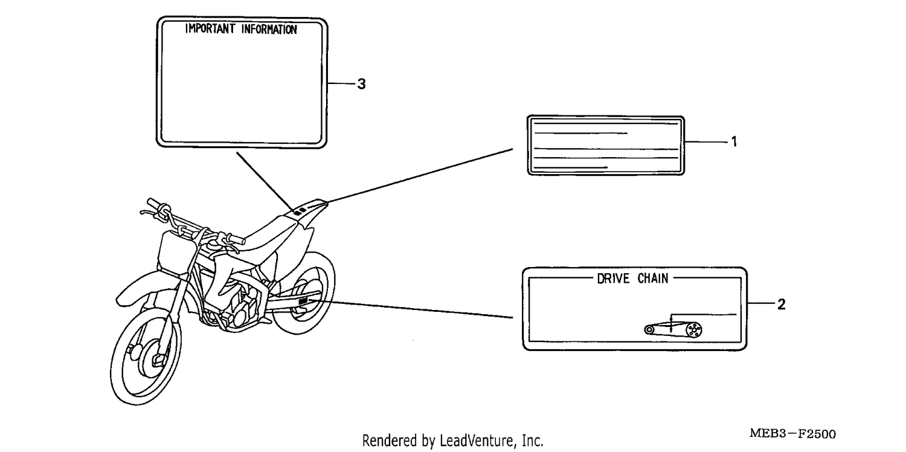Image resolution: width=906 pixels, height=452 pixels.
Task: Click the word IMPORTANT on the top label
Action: pos(210,29)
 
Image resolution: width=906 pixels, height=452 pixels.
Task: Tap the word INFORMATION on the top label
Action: pos(269,30)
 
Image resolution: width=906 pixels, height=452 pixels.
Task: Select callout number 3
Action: pos(362,84)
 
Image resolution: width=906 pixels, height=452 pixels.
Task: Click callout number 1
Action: pos(734,141)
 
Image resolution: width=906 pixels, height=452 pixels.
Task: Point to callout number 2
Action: pos(782,305)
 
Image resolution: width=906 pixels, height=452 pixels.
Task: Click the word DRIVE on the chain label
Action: pos(613,279)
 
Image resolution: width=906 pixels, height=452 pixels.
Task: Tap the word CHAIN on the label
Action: pos(653,279)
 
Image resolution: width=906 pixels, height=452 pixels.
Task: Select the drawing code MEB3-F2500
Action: pos(792,434)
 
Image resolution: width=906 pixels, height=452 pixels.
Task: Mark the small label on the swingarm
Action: pos(303,301)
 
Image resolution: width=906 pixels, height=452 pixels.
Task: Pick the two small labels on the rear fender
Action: pos(300,211)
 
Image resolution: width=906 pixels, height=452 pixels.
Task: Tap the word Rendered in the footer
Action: pos(388,441)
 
